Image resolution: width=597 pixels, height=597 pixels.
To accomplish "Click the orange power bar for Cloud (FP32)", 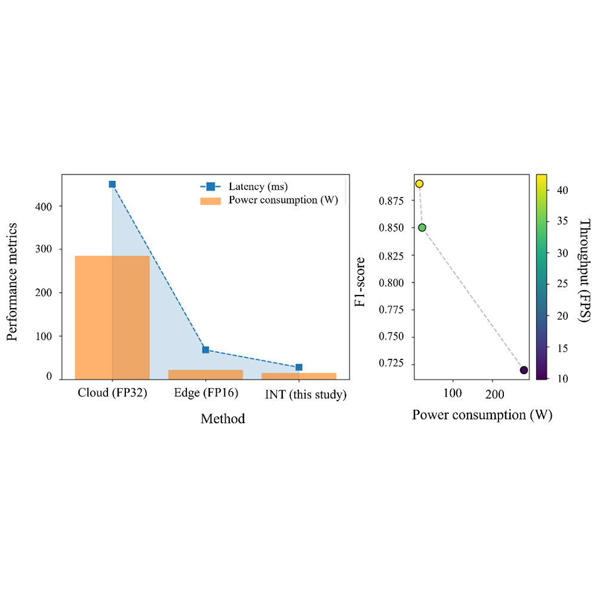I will click(x=112, y=317).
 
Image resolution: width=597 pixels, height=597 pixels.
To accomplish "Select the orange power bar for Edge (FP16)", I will click(x=205, y=374).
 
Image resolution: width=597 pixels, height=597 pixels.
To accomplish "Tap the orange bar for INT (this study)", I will click(x=298, y=376).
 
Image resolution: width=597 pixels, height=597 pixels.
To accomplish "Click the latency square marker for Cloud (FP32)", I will click(x=112, y=184).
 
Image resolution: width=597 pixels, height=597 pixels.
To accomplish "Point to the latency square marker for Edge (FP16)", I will click(x=205, y=350).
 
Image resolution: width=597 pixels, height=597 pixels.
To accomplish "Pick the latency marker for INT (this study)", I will click(x=298, y=367).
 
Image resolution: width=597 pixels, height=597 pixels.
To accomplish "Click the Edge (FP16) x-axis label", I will click(x=205, y=395).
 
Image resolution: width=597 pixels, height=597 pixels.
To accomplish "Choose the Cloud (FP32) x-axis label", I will click(x=112, y=395).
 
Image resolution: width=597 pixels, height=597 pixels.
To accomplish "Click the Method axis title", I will click(x=223, y=418).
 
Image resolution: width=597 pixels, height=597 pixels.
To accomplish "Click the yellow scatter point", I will click(x=420, y=184).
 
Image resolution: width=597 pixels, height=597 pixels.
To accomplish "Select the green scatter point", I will click(x=422, y=227).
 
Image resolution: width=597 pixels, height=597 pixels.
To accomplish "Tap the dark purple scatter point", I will click(x=524, y=370).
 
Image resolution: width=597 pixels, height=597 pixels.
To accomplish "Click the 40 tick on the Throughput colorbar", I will click(x=562, y=189).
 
